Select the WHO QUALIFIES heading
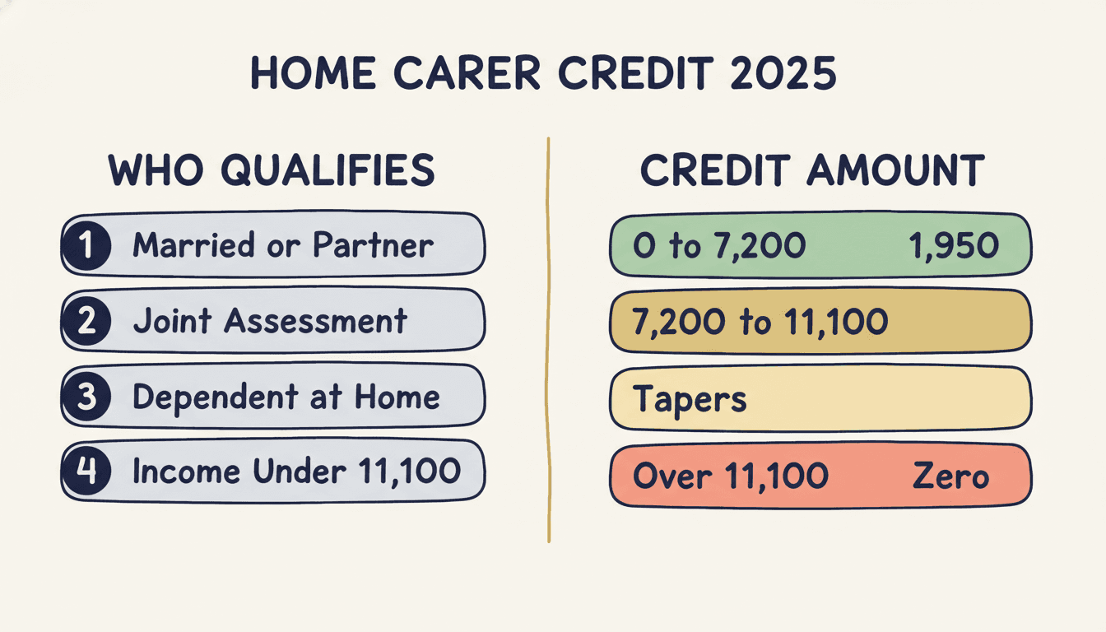[x=272, y=170]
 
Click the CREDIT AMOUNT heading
[x=812, y=170]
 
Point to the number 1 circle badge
[x=86, y=244]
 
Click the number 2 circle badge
[x=86, y=320]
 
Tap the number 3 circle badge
[x=86, y=397]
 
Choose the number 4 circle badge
[x=86, y=472]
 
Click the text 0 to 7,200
[x=719, y=245]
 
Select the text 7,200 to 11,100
[x=760, y=321]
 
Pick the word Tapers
[x=690, y=399]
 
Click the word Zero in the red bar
[x=950, y=476]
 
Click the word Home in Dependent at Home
[x=398, y=397]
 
